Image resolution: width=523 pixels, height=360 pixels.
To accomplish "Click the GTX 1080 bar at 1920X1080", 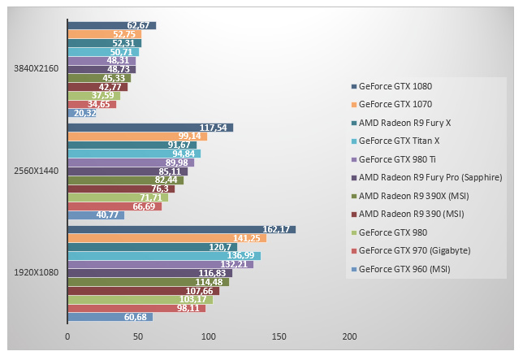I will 181,229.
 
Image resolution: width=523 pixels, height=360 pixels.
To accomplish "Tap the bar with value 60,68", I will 110,317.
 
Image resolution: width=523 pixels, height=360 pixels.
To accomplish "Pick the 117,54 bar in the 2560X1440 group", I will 150,128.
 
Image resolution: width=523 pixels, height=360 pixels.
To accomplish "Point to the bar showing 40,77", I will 96,215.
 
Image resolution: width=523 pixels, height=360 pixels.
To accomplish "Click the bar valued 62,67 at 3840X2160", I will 111,26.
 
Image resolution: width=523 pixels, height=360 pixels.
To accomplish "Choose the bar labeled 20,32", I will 81,113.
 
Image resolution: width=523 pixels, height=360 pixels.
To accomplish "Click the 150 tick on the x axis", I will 279,336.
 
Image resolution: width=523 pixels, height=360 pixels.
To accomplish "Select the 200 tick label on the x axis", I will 350,336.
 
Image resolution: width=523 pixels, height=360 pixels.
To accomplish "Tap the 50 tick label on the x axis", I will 138,336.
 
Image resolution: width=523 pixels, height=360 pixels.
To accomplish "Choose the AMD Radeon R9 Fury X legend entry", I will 405,122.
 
